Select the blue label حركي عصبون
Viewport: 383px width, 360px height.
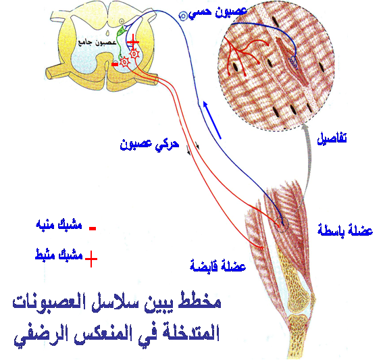[x=149, y=145]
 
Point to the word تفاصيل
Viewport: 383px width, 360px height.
[x=332, y=138]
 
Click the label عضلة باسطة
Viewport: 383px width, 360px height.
[x=345, y=230]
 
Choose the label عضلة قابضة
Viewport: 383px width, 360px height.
[x=218, y=265]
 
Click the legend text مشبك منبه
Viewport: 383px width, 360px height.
[x=59, y=224]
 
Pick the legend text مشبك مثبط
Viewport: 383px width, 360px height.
[x=59, y=255]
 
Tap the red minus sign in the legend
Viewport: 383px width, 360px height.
[x=93, y=228]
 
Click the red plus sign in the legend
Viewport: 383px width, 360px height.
[x=91, y=259]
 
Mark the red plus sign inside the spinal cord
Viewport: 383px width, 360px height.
[x=133, y=43]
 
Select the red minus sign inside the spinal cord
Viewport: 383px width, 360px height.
[x=115, y=64]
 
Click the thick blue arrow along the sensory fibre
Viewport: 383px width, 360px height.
[x=212, y=120]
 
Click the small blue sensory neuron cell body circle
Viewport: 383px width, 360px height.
[x=183, y=16]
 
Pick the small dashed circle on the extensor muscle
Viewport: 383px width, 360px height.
[x=281, y=224]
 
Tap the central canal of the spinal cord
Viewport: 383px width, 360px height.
[x=107, y=32]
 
